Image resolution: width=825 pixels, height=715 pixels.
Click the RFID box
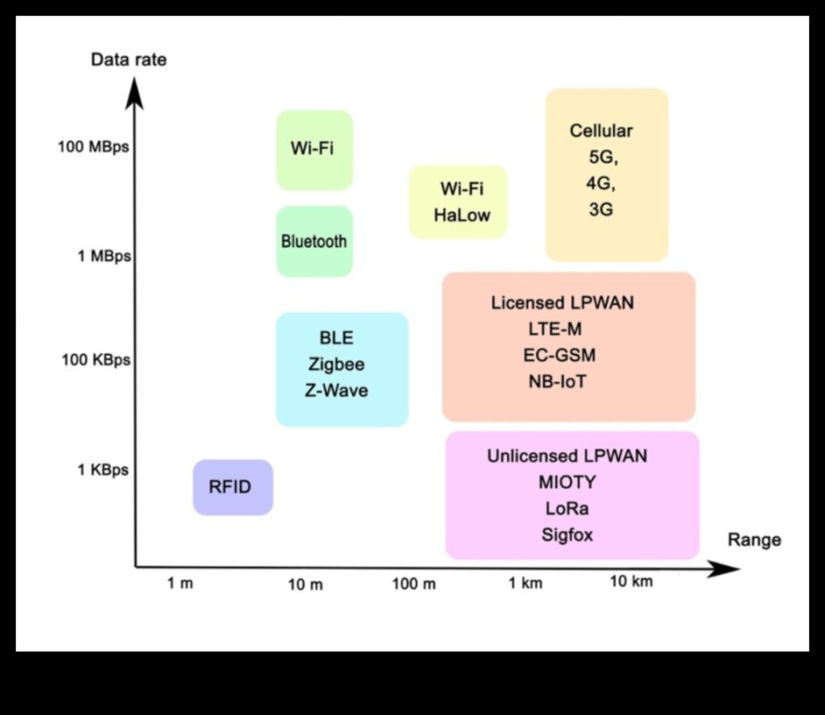coord(232,487)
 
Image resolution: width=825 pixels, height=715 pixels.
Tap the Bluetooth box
coord(314,241)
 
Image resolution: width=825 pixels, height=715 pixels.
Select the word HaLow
coord(462,215)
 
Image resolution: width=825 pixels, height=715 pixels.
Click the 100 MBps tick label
coord(94,147)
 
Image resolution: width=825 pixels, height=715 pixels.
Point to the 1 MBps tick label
coord(105,257)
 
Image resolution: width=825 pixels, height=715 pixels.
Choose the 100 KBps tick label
coord(96,360)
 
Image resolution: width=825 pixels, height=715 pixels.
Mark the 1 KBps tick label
coord(104,470)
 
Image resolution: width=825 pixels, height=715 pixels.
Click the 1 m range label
coord(180,584)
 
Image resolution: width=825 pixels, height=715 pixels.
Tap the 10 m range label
coord(305,585)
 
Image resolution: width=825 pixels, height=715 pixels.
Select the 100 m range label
coord(414,585)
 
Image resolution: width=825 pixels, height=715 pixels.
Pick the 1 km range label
coord(526,584)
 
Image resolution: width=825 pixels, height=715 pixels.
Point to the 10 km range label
coord(631,582)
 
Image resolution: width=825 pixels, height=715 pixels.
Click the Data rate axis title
coord(129,61)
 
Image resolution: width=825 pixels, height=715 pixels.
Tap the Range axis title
coord(754,540)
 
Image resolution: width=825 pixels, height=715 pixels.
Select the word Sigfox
coord(567,535)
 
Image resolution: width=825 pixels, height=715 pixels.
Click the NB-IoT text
coord(558,381)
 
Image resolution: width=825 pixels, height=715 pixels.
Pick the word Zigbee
coord(336,365)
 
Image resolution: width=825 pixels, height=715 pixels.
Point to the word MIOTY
coord(567,483)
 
